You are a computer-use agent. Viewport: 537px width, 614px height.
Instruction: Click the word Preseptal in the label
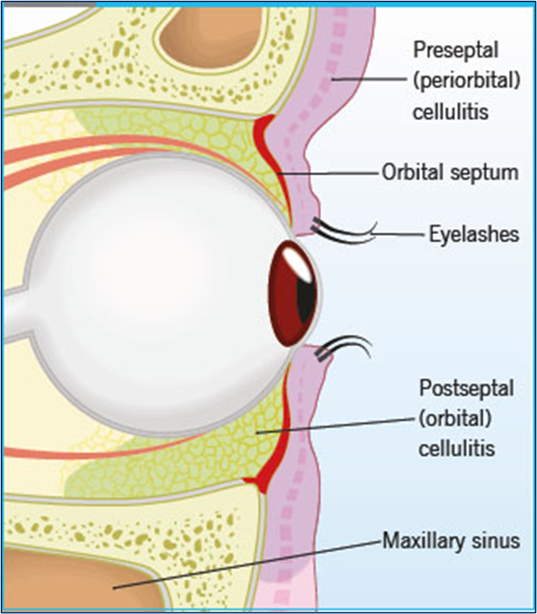pyautogui.click(x=455, y=50)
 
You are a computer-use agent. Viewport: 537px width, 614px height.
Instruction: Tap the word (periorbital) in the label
pyautogui.click(x=467, y=82)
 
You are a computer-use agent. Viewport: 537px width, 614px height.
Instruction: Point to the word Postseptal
pyautogui.click(x=467, y=388)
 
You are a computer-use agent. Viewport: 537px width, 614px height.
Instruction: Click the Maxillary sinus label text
pyautogui.click(x=451, y=540)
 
